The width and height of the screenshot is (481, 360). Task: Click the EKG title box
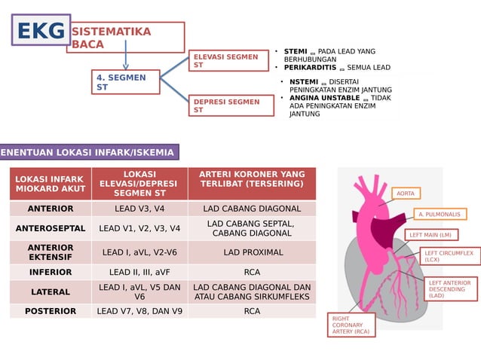click(41, 31)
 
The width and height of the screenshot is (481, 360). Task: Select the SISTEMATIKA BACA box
click(126, 38)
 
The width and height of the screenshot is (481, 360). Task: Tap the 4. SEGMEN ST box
click(126, 82)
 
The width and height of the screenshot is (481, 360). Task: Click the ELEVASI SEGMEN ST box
click(231, 61)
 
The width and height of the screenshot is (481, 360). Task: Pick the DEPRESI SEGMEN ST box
click(231, 105)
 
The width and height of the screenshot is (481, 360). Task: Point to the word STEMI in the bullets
click(296, 51)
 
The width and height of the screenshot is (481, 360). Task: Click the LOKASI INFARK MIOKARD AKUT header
click(51, 184)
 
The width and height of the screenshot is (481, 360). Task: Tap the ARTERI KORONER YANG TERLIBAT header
click(252, 179)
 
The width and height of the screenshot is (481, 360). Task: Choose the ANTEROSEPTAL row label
click(51, 227)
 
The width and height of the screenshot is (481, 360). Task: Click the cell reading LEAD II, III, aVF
click(139, 272)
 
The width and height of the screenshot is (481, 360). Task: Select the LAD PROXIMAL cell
click(252, 252)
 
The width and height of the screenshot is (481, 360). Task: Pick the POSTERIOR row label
click(51, 310)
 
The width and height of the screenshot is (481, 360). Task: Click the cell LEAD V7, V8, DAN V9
click(139, 310)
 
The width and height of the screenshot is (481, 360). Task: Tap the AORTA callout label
click(406, 194)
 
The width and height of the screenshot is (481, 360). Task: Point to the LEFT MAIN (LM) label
click(430, 235)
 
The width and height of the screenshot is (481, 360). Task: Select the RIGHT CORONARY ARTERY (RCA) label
click(351, 325)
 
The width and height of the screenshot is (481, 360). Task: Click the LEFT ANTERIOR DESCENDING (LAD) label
click(449, 289)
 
